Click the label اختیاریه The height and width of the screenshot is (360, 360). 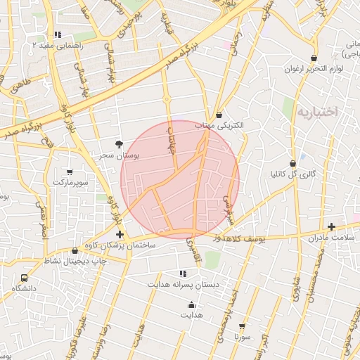(317, 112)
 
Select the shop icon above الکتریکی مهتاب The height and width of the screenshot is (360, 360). (220, 114)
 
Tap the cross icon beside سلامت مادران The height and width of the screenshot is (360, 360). (331, 226)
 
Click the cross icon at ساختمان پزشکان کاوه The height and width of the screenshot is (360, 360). (120, 234)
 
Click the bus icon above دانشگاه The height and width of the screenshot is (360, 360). (25, 278)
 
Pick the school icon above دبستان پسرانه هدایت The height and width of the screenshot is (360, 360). (183, 274)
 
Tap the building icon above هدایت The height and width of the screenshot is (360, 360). (192, 304)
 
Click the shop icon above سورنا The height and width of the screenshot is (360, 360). (242, 326)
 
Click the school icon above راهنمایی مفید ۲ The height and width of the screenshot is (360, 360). (58, 34)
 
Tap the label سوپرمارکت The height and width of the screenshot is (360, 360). (70, 183)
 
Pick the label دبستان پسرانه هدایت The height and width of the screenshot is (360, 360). (183, 284)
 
